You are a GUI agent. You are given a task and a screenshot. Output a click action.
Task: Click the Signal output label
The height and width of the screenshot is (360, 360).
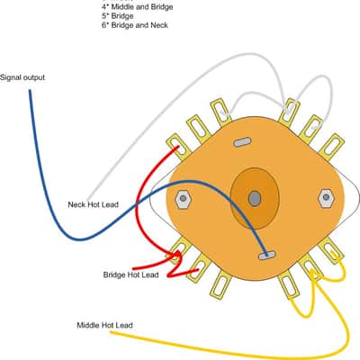pyautogui.click(x=22, y=77)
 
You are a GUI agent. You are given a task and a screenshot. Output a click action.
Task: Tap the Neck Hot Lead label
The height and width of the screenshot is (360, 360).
pyautogui.click(x=93, y=204)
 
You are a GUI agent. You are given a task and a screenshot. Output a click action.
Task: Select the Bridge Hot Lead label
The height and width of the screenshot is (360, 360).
pyautogui.click(x=130, y=274)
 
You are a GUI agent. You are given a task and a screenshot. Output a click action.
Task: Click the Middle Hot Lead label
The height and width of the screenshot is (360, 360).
pyautogui.click(x=104, y=325)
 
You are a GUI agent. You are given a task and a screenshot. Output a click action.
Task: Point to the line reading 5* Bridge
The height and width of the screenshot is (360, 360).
pyautogui.click(x=118, y=15)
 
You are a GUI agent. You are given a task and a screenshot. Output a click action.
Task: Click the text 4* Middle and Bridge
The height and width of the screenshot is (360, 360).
pyautogui.click(x=138, y=6)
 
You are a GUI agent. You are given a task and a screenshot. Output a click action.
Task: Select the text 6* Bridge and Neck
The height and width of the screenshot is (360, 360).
pyautogui.click(x=135, y=25)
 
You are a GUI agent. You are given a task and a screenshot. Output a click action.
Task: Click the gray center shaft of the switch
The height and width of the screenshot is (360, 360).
pyautogui.click(x=255, y=198)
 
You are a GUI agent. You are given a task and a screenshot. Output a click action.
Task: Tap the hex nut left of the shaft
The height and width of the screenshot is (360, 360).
pyautogui.click(x=183, y=199)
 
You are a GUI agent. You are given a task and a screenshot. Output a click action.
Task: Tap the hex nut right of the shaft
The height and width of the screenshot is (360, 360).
pyautogui.click(x=326, y=198)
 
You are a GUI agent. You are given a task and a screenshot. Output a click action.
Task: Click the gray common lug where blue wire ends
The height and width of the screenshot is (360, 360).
pyautogui.click(x=266, y=256)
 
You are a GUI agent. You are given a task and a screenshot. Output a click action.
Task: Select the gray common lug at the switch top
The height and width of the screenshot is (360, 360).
pyautogui.click(x=242, y=142)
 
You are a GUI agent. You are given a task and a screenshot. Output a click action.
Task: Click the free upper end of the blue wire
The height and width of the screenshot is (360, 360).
pyautogui.click(x=30, y=91)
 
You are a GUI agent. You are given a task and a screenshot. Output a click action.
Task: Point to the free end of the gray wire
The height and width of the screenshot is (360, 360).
pyautogui.click(x=88, y=200)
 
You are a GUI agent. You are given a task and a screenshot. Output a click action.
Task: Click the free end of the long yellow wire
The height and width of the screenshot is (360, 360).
pyautogui.click(x=111, y=332)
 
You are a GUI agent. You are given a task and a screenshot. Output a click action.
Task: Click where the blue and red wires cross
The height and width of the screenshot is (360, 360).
pyautogui.click(x=137, y=205)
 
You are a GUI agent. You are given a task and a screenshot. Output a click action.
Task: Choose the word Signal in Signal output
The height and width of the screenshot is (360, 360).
pyautogui.click(x=11, y=77)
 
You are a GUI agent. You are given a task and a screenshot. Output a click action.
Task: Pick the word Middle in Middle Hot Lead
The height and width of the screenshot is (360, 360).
pyautogui.click(x=88, y=325)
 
